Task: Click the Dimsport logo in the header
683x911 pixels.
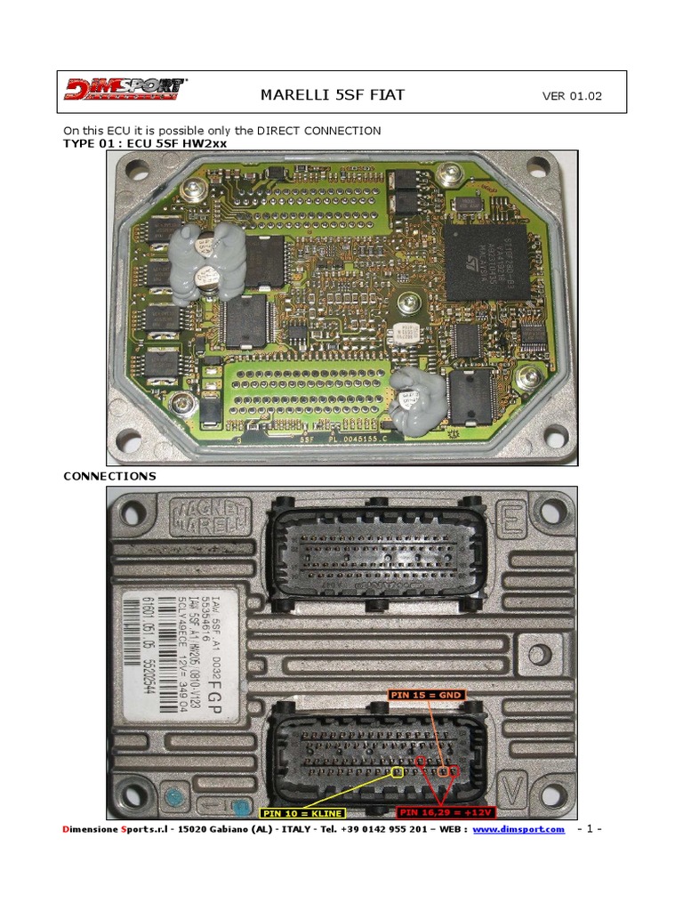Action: click(125, 91)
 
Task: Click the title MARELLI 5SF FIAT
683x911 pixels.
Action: click(333, 95)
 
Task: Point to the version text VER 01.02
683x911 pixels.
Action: click(571, 96)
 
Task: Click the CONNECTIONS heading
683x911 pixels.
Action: click(109, 476)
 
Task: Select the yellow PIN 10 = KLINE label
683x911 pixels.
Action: click(301, 813)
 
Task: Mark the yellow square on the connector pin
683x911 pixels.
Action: click(398, 772)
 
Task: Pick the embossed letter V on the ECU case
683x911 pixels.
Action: click(510, 787)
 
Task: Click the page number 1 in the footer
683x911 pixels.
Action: click(590, 830)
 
